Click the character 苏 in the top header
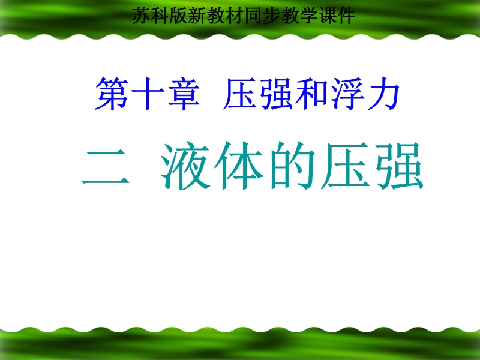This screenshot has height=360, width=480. coord(142,16)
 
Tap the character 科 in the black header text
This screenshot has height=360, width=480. coord(160,16)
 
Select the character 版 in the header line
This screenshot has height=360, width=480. coord(179,16)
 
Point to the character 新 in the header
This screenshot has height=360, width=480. coord(197,16)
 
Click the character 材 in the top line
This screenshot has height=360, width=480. coord(235,16)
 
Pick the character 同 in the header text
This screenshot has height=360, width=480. coord(253,16)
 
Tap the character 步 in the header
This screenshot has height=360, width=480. coord(272,16)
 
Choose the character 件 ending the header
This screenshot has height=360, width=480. coord(346,16)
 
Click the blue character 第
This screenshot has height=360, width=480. coord(112,94)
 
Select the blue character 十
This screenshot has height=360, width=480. coord(148,94)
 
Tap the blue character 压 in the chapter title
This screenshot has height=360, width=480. coord(240,94)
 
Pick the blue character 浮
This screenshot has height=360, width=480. coord(348,94)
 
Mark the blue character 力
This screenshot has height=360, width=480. coord(383,94)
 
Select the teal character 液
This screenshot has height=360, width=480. coord(185,166)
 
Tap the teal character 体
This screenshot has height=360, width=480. coord(239,166)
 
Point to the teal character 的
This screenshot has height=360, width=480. coord(292,166)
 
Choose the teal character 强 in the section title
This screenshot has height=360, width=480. coord(399,166)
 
